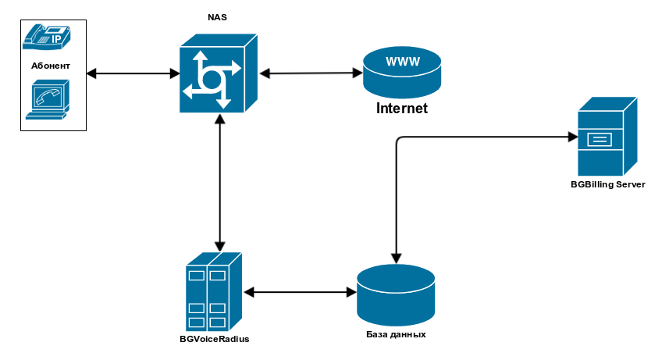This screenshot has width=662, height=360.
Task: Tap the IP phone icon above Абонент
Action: (47, 37)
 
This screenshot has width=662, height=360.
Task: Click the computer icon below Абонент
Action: (48, 102)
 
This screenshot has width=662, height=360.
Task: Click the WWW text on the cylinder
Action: (401, 62)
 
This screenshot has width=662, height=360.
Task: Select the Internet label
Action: (402, 109)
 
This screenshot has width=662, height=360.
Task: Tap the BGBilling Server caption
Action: (607, 184)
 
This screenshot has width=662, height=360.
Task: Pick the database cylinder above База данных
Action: (395, 294)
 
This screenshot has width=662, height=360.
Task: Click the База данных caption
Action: (396, 334)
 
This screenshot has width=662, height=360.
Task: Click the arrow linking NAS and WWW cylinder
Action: (311, 73)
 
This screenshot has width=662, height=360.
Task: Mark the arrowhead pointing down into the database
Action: (396, 256)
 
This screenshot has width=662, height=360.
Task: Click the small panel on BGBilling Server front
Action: (600, 141)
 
